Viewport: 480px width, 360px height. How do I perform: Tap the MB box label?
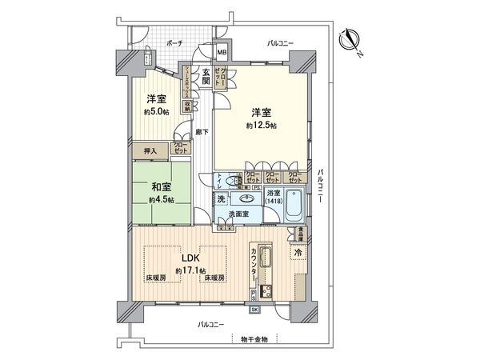click(x=223, y=53)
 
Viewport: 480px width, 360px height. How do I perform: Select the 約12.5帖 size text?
click(x=262, y=126)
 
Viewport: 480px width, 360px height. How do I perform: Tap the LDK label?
click(x=189, y=258)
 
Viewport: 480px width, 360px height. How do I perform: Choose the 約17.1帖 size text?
click(x=192, y=272)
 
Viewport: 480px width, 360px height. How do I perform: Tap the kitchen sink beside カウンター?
click(x=267, y=258)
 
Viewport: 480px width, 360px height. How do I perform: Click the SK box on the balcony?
click(x=254, y=310)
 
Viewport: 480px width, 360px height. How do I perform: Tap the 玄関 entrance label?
click(x=206, y=77)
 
